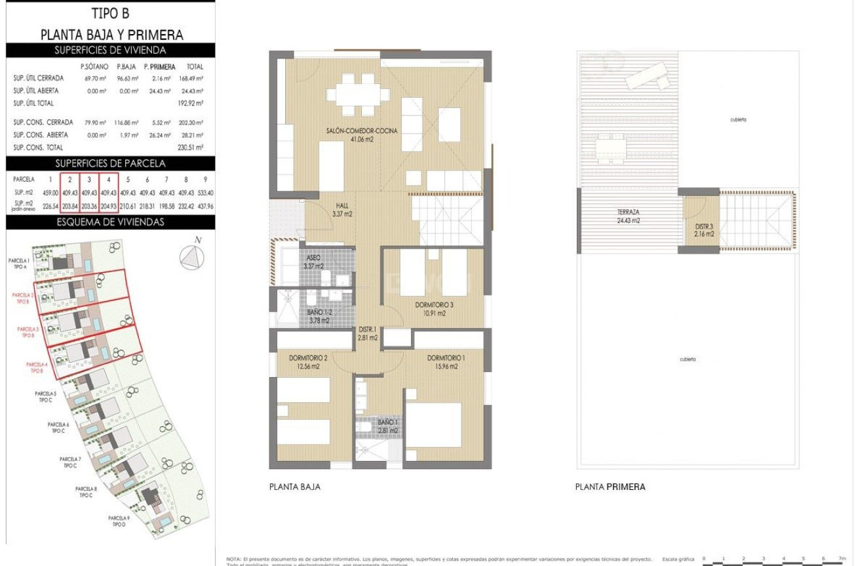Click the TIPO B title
pyautogui.click(x=110, y=14)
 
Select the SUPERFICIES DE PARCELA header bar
pyautogui.click(x=110, y=163)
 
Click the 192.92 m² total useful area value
pyautogui.click(x=190, y=104)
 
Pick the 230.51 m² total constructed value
pyautogui.click(x=190, y=148)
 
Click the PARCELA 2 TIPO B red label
pyautogui.click(x=24, y=298)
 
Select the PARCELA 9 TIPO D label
pyautogui.click(x=119, y=521)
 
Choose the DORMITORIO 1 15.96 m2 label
pyautogui.click(x=446, y=362)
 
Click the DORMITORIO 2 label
pyautogui.click(x=308, y=362)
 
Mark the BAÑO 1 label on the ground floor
pyautogui.click(x=388, y=426)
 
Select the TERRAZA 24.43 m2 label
pyautogui.click(x=628, y=216)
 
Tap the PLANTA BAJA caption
pyautogui.click(x=295, y=487)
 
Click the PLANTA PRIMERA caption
pyautogui.click(x=610, y=487)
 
